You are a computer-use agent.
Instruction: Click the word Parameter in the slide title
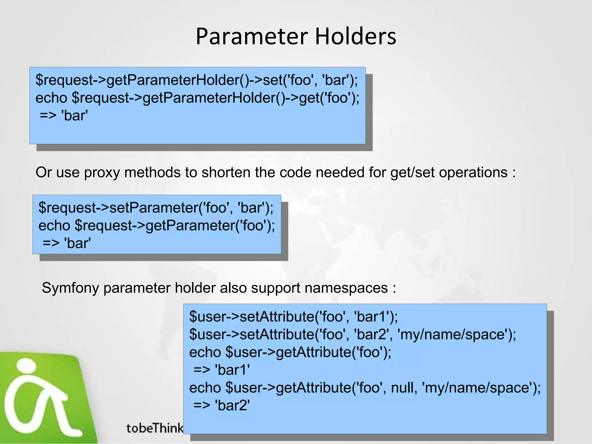click(251, 36)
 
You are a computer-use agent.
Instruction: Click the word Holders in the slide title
click(355, 36)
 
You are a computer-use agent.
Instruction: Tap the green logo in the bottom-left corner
click(43, 399)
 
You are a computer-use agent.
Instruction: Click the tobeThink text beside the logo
click(155, 428)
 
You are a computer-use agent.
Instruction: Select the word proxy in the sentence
click(102, 173)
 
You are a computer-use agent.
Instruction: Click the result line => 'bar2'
click(221, 405)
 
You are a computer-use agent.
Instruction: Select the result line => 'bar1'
click(221, 370)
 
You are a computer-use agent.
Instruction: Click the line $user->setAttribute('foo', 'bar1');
click(293, 317)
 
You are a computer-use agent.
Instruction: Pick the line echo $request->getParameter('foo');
click(157, 225)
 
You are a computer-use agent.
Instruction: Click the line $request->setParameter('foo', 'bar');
click(156, 208)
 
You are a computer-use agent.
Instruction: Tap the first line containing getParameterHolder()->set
click(197, 80)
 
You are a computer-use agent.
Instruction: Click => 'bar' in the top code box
click(64, 116)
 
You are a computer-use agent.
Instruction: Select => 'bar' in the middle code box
click(66, 243)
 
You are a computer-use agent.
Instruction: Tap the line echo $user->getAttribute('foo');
click(290, 352)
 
